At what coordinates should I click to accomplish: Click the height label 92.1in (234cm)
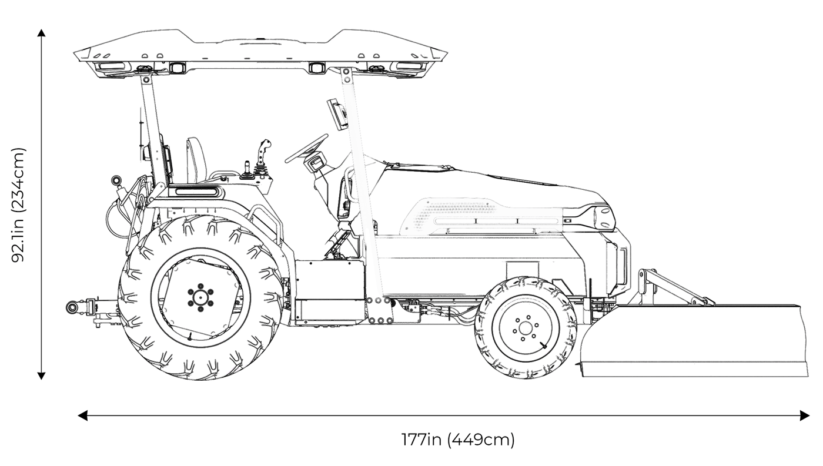pyautogui.click(x=19, y=204)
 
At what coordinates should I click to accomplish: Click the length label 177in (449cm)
pyautogui.click(x=458, y=440)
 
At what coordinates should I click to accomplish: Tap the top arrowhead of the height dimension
pyautogui.click(x=41, y=33)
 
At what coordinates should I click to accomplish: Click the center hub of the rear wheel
pyautogui.click(x=200, y=296)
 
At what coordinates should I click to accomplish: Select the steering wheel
pyautogui.click(x=306, y=149)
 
